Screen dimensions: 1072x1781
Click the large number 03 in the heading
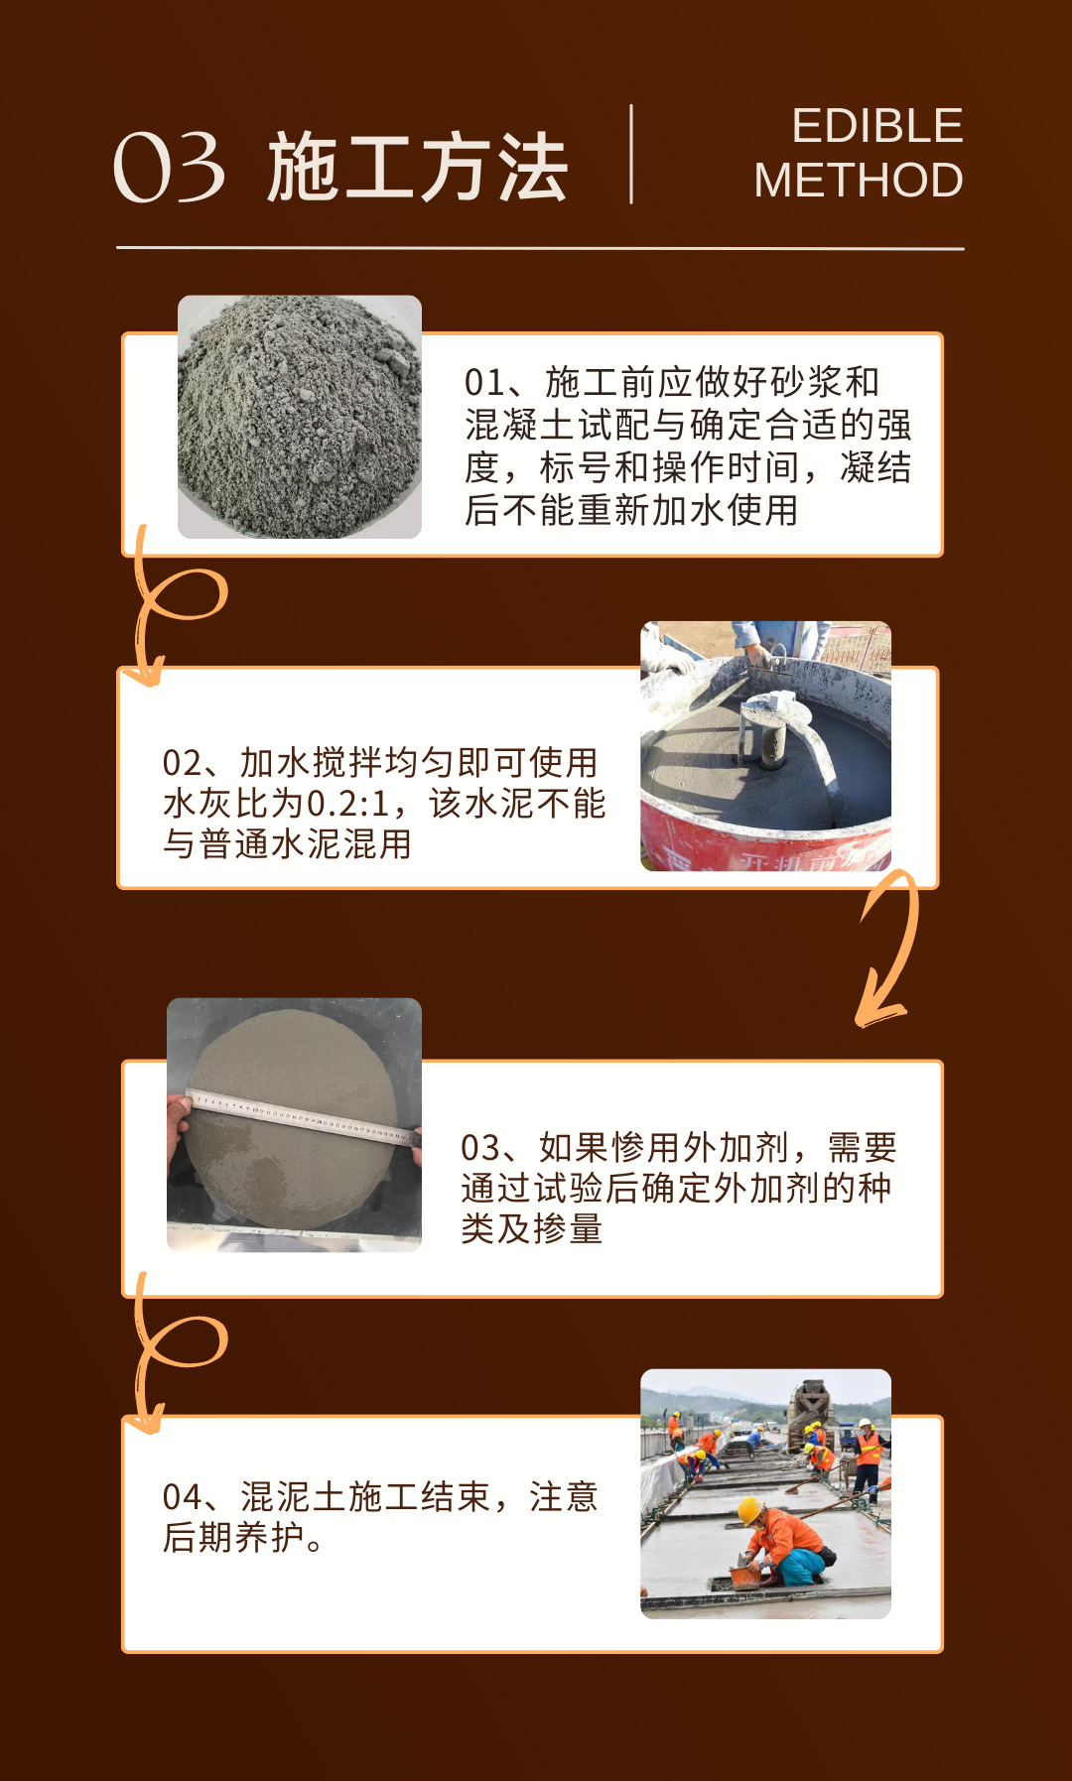170,168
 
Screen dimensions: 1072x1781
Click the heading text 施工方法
417,168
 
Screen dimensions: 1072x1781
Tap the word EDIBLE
877,126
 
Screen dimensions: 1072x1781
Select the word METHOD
859,181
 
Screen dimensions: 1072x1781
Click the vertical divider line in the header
631,154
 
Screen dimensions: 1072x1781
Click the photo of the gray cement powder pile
300,417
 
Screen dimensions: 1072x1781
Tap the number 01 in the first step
484,382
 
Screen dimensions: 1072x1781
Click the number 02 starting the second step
182,763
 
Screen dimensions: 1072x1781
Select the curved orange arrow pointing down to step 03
890,947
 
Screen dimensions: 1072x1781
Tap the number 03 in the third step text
480,1148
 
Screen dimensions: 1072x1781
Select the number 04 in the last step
183,1497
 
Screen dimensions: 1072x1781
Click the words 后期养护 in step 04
234,1538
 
